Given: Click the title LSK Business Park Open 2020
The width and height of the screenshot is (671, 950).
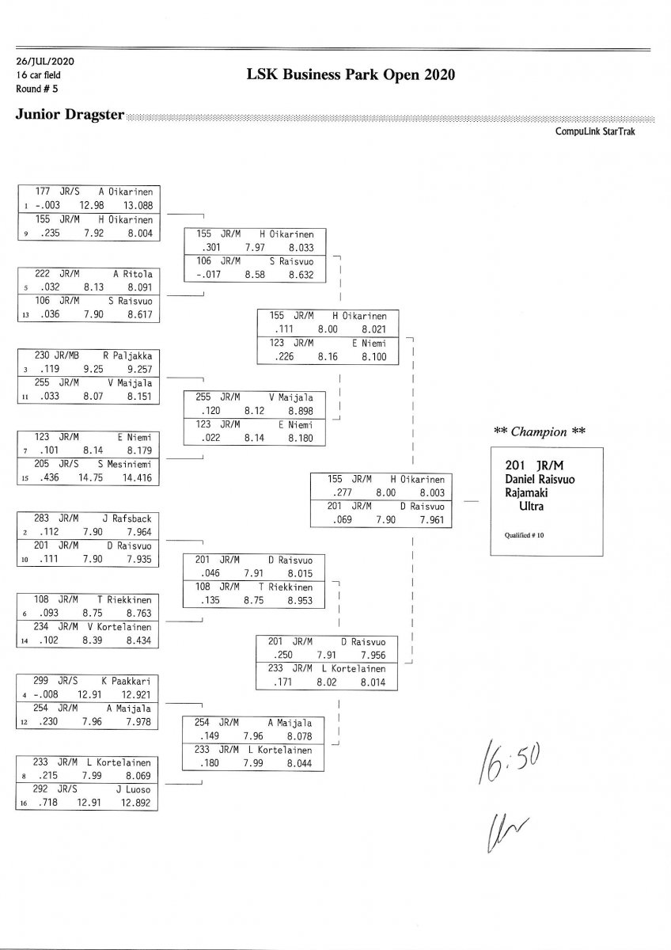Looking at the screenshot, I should pyautogui.click(x=351, y=75).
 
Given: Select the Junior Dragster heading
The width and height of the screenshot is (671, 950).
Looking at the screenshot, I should pyautogui.click(x=70, y=116).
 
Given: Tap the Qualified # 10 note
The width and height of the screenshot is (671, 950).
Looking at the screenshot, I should pyautogui.click(x=524, y=535).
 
